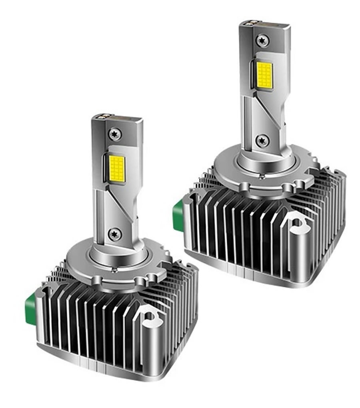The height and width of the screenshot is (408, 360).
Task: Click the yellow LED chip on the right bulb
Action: point(264,74)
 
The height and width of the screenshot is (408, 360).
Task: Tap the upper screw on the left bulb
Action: point(115,134)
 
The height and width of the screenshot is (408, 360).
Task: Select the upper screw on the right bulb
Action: point(263,40)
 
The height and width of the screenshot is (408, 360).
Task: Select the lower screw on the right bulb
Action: point(262,140)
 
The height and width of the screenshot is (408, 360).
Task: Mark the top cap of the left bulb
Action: point(116,119)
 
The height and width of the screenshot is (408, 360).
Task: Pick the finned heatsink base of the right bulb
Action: point(240,232)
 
